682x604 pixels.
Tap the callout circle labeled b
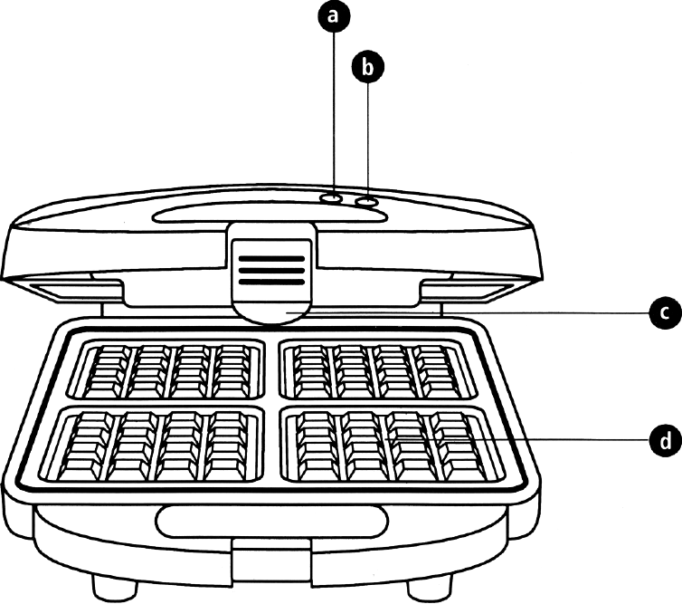[368, 66]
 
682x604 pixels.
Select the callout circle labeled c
[662, 313]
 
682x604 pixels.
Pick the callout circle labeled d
[662, 442]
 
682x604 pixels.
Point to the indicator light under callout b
[366, 202]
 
